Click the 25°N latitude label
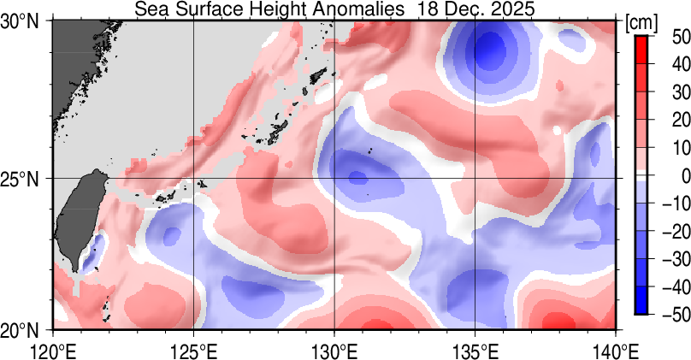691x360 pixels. [x=24, y=179]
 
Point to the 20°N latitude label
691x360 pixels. [x=24, y=329]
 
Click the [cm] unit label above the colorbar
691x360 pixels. [x=641, y=23]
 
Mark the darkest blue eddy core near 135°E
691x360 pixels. [x=489, y=50]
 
